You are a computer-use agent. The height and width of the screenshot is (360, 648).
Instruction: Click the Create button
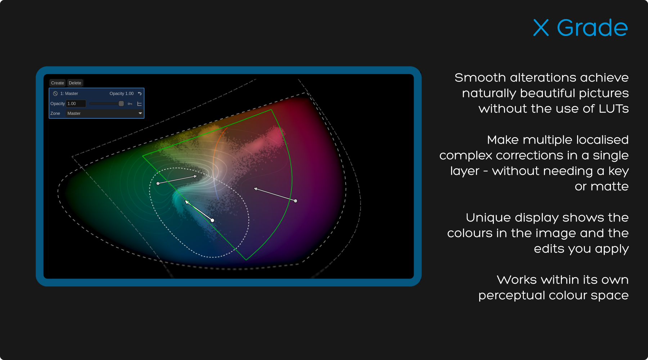[57, 83]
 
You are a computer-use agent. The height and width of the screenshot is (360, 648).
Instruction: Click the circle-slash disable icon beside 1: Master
[55, 94]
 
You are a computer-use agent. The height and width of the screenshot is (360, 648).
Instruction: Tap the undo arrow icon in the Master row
[140, 94]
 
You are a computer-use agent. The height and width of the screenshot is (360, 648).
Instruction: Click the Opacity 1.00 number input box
[76, 104]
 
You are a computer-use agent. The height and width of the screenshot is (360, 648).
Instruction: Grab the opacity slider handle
[121, 104]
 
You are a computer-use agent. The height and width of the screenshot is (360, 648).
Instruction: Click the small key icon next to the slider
[130, 104]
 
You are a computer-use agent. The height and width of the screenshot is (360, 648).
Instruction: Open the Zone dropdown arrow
[140, 113]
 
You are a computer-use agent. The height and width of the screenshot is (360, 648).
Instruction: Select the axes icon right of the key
[139, 104]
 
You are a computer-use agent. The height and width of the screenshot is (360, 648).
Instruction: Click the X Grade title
[580, 28]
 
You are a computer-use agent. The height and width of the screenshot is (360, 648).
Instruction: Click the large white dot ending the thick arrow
[212, 220]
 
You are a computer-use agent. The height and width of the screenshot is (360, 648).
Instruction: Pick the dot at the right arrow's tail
[296, 201]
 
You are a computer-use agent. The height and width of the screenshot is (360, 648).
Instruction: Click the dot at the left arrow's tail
[158, 184]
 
